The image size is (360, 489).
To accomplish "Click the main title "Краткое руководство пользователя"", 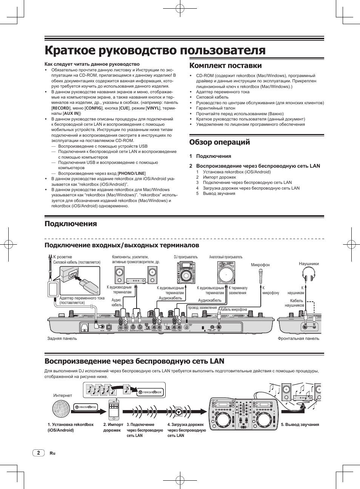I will tap(155, 50).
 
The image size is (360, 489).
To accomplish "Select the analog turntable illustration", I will tap(226, 272).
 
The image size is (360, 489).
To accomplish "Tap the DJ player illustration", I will tap(186, 272).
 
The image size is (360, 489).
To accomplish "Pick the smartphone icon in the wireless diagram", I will tap(114, 409).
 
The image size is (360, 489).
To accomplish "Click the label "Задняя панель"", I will tap(62, 338).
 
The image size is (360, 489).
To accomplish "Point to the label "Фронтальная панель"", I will tap(298, 338).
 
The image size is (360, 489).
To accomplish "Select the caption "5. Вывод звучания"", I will tap(300, 424).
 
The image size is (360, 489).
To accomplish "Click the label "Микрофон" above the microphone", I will tap(260, 265).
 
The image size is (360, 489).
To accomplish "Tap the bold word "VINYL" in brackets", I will tap(153, 108).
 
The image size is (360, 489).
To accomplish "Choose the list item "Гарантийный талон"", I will tap(215, 108).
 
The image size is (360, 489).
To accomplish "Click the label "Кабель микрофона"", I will tap(234, 310).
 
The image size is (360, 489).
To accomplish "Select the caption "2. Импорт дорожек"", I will tap(113, 427).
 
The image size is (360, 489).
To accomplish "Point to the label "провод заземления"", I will tap(203, 308).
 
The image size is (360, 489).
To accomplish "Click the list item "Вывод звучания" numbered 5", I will tap(219, 193).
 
